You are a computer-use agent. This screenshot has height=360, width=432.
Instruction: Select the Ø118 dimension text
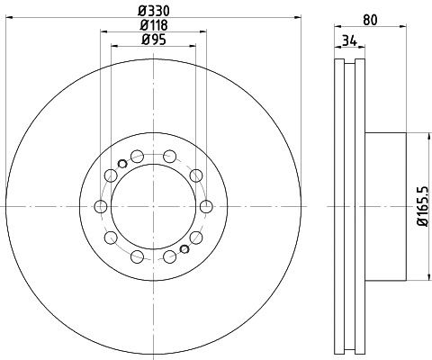(x=152, y=25)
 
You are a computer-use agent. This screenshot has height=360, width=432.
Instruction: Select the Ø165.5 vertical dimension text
(x=420, y=207)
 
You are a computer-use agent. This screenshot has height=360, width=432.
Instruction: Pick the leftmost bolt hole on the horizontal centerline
(x=100, y=207)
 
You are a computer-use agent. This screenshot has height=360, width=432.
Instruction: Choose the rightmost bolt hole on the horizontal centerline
(x=205, y=207)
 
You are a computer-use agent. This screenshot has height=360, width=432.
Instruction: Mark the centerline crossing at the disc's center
(x=152, y=207)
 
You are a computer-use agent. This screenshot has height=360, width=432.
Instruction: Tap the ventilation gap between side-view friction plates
(x=349, y=207)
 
